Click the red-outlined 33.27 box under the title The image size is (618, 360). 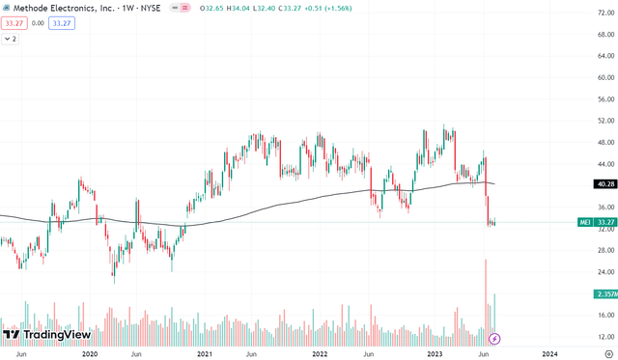14,24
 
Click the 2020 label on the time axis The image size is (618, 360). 90,353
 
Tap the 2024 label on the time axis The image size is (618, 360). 549,353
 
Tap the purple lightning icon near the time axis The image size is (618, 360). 495,339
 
